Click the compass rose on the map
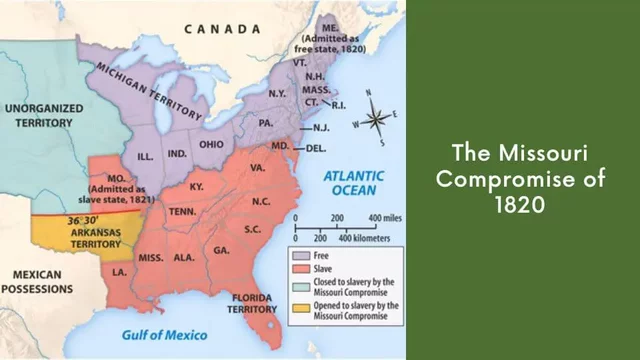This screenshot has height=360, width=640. tap(377, 119)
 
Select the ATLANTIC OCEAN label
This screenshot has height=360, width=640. tap(351, 184)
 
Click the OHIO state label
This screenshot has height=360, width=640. tap(213, 143)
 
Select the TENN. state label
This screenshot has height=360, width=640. tap(182, 211)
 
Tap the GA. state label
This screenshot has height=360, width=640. tap(221, 251)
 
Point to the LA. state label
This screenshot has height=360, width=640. tap(119, 271)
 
